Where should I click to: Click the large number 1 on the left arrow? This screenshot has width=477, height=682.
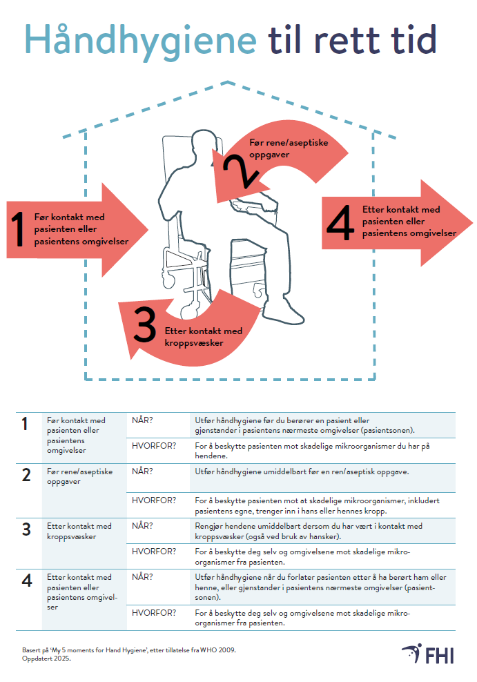19,230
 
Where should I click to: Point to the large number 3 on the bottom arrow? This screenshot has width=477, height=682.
145,326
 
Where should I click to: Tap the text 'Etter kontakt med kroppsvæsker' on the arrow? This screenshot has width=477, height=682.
204,336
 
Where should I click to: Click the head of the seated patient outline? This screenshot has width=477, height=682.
204,147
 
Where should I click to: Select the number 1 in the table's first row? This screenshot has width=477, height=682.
26,425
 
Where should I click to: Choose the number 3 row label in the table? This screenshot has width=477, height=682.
26,529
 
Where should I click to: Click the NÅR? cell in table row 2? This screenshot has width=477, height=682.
142,471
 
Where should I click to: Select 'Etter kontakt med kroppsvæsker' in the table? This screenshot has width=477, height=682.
79,531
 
